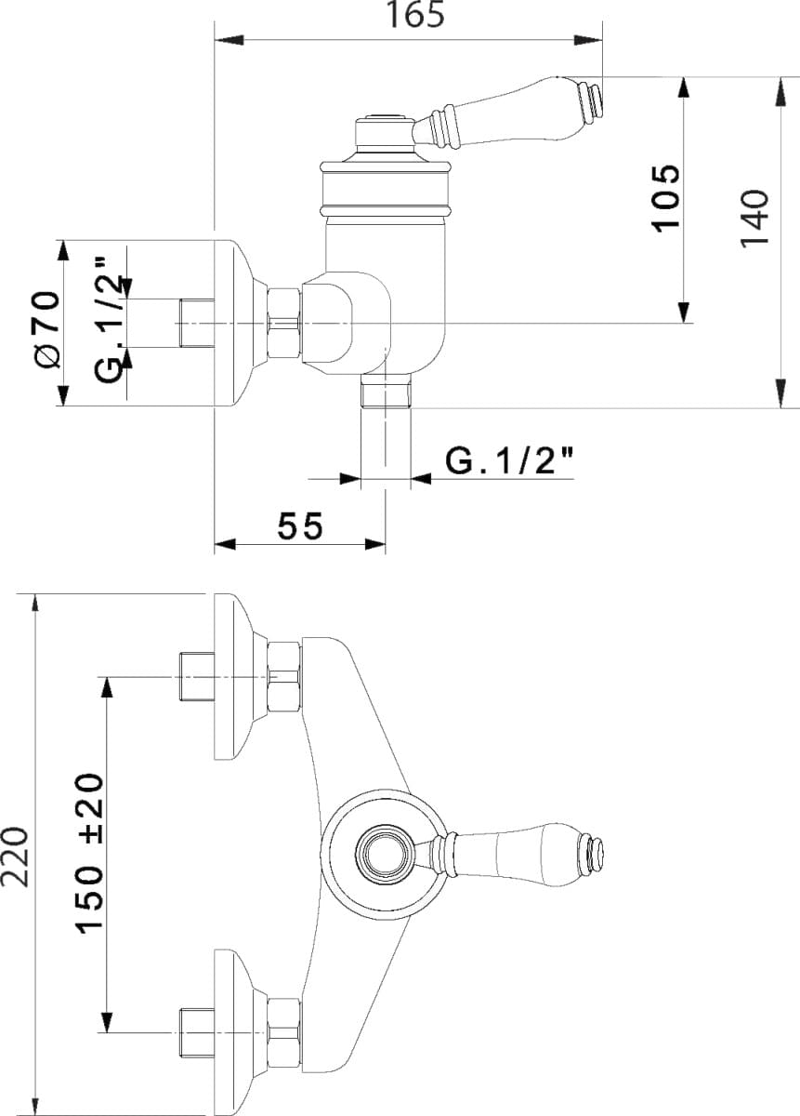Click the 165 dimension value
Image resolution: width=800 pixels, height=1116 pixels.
[415, 15]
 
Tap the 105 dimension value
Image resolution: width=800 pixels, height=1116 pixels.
[665, 198]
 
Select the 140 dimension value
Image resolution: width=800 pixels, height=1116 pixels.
[754, 218]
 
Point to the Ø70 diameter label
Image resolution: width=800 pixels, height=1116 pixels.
[48, 329]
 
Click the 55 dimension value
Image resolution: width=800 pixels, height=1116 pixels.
[300, 526]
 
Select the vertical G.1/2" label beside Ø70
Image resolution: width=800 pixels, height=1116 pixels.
[109, 320]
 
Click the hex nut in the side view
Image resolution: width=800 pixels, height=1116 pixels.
[284, 323]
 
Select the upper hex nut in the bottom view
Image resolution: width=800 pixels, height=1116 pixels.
[284, 677]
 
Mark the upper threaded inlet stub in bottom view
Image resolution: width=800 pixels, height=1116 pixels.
[197, 676]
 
